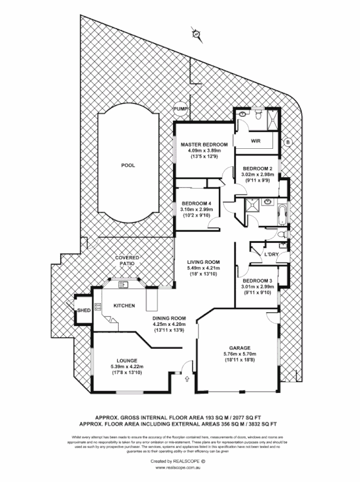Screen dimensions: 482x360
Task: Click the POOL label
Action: pos(128,165)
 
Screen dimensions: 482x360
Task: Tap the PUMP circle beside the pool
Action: pos(180,109)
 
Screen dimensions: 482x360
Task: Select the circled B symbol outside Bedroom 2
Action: pos(288,142)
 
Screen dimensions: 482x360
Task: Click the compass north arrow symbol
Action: pos(196,34)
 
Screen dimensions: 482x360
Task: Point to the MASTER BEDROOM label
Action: pos(204,145)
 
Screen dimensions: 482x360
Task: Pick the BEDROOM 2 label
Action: pos(257,168)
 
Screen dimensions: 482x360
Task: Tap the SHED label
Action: pos(83,311)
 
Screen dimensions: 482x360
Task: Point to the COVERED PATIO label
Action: pos(128,261)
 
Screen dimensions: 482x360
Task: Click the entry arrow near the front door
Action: pos(187,378)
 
